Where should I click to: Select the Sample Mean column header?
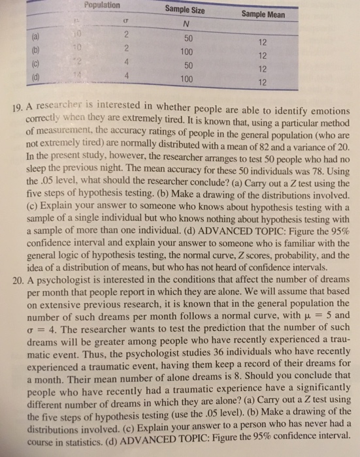pyautogui.click(x=261, y=13)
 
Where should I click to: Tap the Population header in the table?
pyautogui.click(x=103, y=5)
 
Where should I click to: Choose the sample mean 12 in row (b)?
pyautogui.click(x=262, y=55)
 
